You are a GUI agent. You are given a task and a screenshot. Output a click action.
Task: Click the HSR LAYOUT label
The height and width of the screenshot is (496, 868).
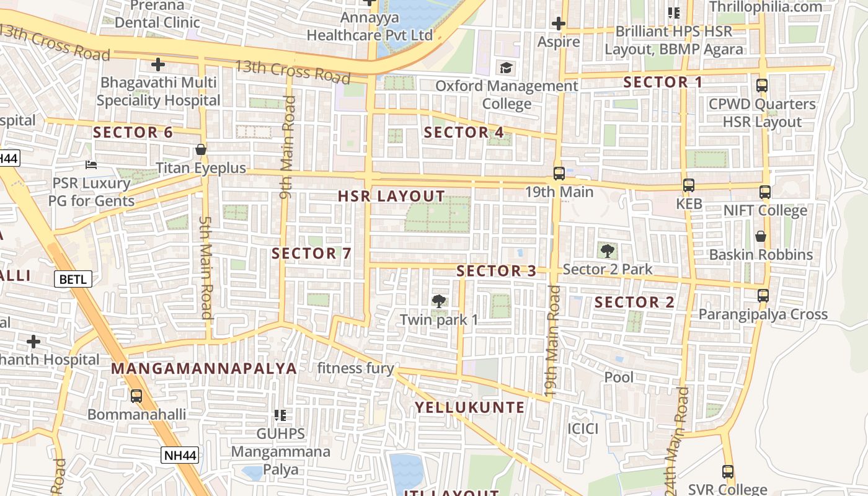coord(391,197)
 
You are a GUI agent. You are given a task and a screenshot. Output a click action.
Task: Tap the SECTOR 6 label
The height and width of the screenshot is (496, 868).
coord(133,132)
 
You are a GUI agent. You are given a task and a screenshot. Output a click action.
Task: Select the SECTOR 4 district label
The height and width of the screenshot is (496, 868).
coord(464,132)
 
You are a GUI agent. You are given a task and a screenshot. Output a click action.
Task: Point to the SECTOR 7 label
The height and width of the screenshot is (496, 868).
coord(311,254)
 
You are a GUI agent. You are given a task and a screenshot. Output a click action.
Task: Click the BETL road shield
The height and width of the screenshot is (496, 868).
coord(74,280)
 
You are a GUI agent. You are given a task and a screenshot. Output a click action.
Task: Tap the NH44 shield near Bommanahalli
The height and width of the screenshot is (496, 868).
coord(180,456)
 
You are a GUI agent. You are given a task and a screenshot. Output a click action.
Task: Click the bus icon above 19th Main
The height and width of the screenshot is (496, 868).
coord(559,174)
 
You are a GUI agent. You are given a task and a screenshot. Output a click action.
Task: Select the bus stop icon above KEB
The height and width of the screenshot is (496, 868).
coord(688,185)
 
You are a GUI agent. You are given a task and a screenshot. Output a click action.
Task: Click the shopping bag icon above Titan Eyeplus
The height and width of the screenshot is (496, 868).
coord(200,149)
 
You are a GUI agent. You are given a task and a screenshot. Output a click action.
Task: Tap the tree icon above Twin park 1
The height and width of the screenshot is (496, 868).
coord(439,301)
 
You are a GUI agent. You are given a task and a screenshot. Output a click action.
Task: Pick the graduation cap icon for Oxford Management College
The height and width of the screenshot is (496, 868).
coord(507,68)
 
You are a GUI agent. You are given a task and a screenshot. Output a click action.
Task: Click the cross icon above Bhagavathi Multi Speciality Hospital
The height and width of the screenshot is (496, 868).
coord(158,64)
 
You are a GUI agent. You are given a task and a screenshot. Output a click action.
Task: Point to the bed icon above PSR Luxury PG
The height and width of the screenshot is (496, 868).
coord(91,165)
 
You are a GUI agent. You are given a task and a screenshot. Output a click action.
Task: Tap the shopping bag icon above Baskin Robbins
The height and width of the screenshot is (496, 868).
coord(760,236)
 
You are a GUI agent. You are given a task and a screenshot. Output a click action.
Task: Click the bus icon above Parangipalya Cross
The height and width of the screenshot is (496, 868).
coord(763,296)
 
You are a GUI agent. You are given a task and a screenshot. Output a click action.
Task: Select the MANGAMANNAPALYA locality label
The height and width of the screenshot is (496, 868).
coord(204,368)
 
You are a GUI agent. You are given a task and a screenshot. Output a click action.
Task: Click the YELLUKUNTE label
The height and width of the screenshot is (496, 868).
coord(469,407)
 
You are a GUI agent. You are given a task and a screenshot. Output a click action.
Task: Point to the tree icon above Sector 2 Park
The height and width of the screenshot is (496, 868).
coord(607,251)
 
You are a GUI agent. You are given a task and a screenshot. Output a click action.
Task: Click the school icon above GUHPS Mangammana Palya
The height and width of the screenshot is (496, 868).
coord(280,415)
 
